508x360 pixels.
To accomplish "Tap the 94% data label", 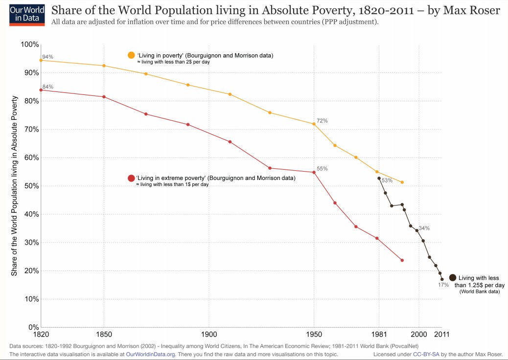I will pos(48,57).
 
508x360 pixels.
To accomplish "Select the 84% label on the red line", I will pos(48,87).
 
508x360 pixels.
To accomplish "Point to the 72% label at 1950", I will pos(322,120).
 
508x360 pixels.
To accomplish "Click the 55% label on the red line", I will pos(322,169).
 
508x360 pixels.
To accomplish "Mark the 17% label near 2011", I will pos(443,285).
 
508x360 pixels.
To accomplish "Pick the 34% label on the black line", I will pos(424,228).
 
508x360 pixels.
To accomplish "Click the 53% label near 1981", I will pos(387,180).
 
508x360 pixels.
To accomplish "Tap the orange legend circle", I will pos(131,55).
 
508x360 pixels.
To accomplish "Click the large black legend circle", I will pos(453,277).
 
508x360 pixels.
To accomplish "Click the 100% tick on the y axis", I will pos(30,45).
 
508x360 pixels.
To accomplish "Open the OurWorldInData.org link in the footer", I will pos(150,354).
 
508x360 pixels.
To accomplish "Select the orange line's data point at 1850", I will pos(104,66).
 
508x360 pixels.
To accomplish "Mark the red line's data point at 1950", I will pos(314,172).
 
